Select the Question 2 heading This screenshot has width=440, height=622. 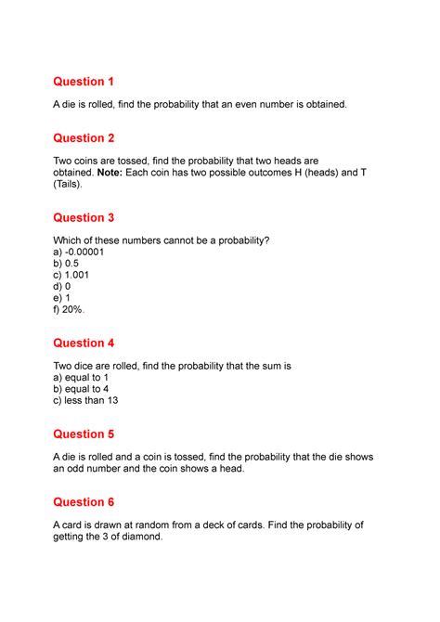tap(91, 137)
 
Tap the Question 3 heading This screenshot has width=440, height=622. tap(91, 217)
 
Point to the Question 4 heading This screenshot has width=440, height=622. tap(91, 343)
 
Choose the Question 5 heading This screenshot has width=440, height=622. tap(91, 434)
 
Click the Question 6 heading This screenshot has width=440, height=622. tap(91, 501)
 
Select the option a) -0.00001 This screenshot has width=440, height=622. tap(84, 253)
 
